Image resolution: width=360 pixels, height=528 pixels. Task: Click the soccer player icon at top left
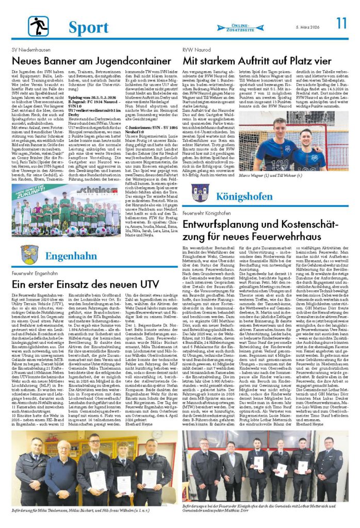[39, 26]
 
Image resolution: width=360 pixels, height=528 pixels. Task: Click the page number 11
[341, 23]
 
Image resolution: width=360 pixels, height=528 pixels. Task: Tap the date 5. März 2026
[307, 27]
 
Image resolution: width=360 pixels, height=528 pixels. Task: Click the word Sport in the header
[88, 27]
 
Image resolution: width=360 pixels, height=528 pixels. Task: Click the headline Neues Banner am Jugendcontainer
[85, 61]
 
